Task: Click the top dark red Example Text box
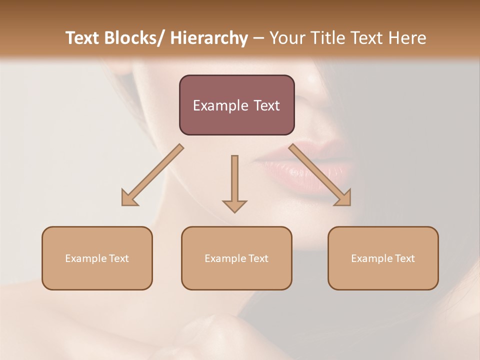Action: click(236, 105)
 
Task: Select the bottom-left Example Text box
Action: click(97, 258)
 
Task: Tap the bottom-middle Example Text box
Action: click(236, 258)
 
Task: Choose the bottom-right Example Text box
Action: click(383, 258)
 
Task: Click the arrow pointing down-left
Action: click(152, 175)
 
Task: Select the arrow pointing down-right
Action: click(320, 175)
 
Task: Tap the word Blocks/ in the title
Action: click(134, 38)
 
